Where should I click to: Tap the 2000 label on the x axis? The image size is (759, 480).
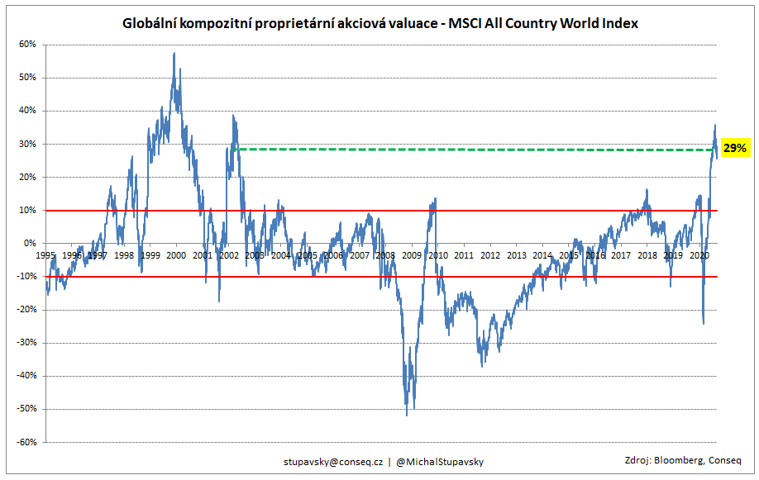pyautogui.click(x=176, y=256)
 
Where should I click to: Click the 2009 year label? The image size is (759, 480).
pyautogui.click(x=412, y=256)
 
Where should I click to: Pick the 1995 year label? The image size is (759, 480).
pyautogui.click(x=45, y=256)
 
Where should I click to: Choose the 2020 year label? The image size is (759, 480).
pyautogui.click(x=699, y=256)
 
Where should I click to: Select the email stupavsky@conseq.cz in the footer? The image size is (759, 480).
pyautogui.click(x=332, y=461)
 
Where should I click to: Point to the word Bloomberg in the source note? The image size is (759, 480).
pyautogui.click(x=680, y=460)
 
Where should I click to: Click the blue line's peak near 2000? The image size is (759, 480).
pyautogui.click(x=174, y=53)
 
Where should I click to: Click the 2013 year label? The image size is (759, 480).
pyautogui.click(x=517, y=256)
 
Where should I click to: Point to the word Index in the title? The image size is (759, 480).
pyautogui.click(x=619, y=24)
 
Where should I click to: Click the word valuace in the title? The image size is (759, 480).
pyautogui.click(x=405, y=24)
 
